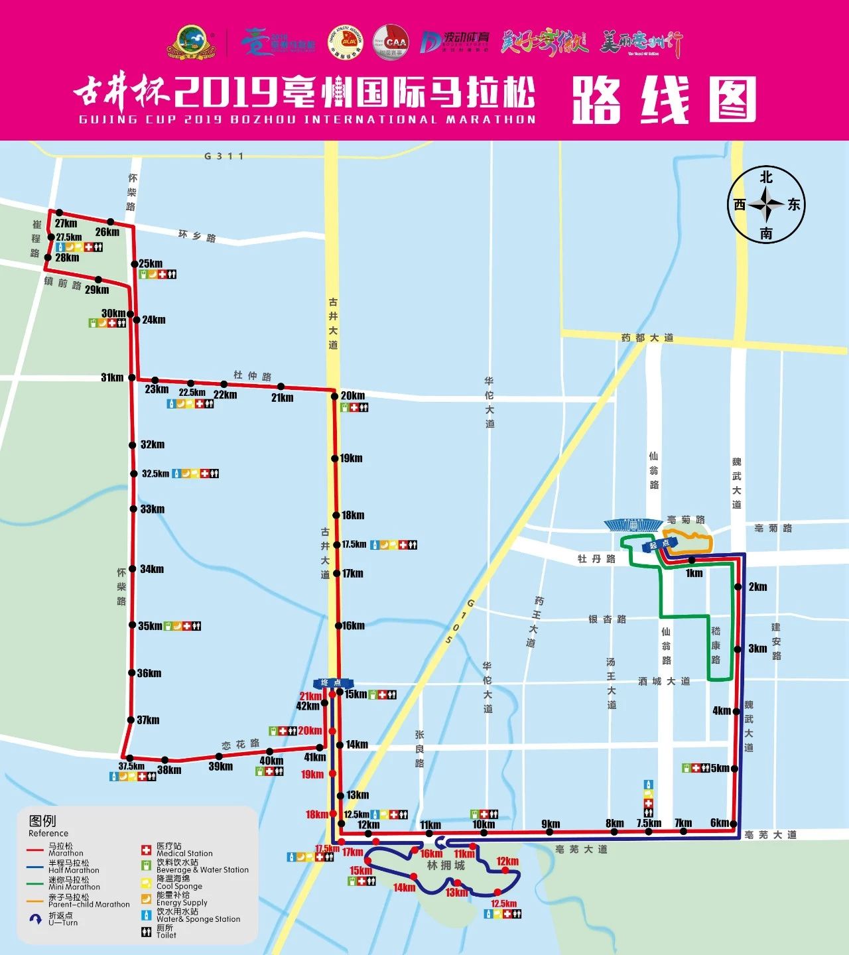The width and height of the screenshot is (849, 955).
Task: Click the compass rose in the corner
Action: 766,205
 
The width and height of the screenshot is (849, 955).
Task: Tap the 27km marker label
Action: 66,223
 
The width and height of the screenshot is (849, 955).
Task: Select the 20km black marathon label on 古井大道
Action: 353,396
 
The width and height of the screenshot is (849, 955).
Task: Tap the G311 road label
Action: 224,157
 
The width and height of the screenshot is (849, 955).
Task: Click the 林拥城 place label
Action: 446,865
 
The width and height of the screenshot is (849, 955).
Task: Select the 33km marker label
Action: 153,509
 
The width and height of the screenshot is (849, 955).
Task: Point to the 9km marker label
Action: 551,824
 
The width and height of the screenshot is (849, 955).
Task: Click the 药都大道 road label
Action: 647,338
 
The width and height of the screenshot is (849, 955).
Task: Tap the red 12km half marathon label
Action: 507,861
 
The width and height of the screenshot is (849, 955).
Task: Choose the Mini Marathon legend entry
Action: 74,883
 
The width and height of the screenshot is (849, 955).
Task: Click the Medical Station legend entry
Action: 184,850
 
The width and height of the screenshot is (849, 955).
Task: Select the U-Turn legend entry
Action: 62,919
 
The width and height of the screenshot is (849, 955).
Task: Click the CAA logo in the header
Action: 391,42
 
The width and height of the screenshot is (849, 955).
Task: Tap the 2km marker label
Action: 757,587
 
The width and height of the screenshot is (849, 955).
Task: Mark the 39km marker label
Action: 221,767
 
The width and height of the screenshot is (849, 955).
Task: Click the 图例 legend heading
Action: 42,820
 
